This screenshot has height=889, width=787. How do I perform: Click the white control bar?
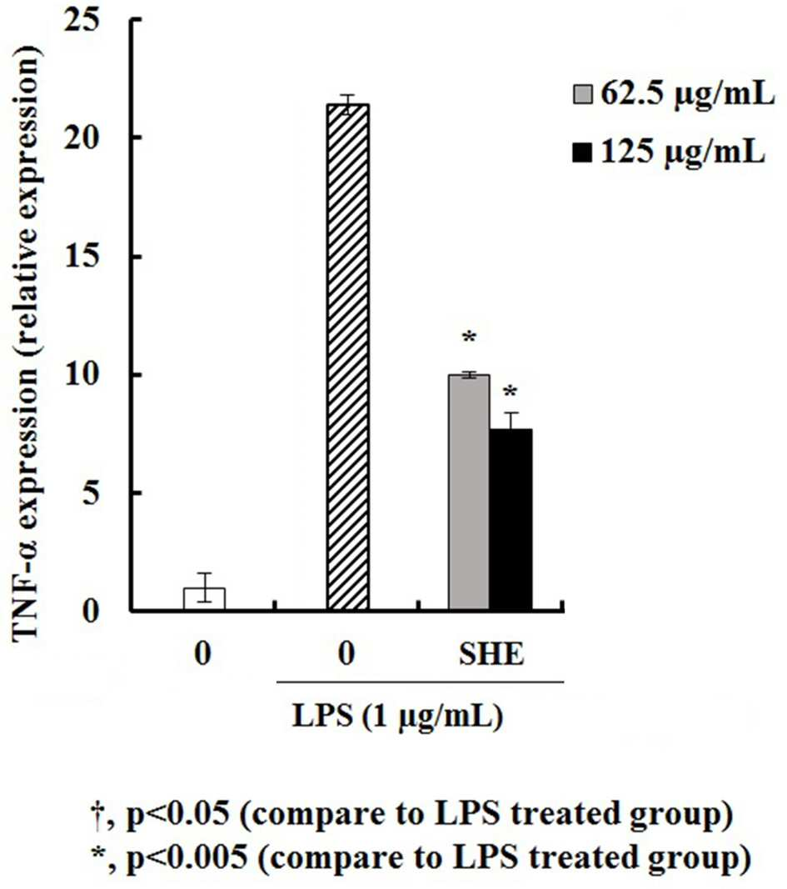point(204,599)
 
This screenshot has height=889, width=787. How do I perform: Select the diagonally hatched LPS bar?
point(348,357)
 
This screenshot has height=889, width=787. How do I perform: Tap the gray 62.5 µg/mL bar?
point(469,492)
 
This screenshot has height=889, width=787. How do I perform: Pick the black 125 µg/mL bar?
point(511,519)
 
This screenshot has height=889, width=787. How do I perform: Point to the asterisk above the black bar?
point(511,392)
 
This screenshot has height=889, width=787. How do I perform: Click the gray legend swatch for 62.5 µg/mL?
point(582,94)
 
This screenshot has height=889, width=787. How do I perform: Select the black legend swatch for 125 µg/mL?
point(582,152)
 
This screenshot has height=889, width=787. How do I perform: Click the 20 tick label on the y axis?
point(82,137)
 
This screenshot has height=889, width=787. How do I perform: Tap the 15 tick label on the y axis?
point(82,257)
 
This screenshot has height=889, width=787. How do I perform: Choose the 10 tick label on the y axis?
point(82,374)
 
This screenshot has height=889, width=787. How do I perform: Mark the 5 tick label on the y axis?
point(91,492)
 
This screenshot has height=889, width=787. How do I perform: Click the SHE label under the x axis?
point(491,654)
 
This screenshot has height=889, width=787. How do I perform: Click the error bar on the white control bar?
point(204,587)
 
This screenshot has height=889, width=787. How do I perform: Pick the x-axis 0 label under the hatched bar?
point(346,654)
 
